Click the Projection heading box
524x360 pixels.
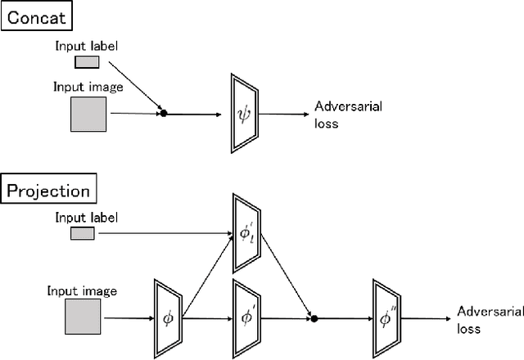(47, 191)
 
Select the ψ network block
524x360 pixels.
(244, 113)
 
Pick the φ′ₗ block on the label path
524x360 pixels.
(246, 233)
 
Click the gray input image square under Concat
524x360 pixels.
(88, 114)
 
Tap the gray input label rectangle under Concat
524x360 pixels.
(86, 61)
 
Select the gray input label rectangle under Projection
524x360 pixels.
(82, 234)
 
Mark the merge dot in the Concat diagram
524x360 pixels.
(164, 114)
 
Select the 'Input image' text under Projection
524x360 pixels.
(82, 291)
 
